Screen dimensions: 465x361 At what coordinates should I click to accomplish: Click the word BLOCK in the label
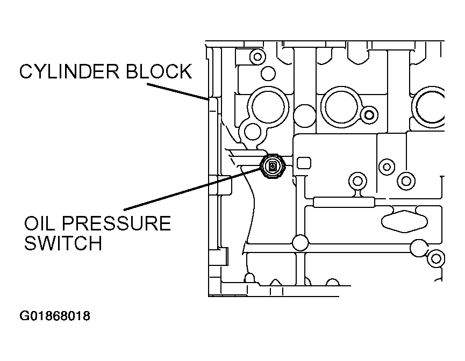[159, 71]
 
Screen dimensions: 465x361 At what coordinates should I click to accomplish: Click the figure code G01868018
[55, 316]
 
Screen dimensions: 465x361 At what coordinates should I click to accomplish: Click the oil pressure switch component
[273, 167]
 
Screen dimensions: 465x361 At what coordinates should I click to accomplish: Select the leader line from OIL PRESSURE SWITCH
[192, 188]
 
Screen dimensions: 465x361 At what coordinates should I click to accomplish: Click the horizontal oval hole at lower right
[404, 221]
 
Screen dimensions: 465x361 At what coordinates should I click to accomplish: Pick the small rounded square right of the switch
[304, 163]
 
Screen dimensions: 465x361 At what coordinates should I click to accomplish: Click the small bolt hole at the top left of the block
[257, 56]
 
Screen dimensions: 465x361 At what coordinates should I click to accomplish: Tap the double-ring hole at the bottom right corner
[435, 259]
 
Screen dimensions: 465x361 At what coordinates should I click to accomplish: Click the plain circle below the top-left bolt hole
[268, 74]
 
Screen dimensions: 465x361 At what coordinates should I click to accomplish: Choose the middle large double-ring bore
[342, 107]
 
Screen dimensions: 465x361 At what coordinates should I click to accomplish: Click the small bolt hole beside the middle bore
[369, 115]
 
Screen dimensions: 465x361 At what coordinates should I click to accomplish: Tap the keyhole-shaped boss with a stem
[357, 184]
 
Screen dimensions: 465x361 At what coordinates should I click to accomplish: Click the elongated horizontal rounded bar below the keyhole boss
[344, 203]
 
